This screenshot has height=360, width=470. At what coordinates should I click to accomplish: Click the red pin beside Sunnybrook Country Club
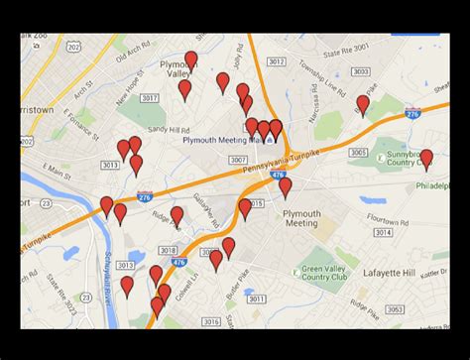(426, 159)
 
